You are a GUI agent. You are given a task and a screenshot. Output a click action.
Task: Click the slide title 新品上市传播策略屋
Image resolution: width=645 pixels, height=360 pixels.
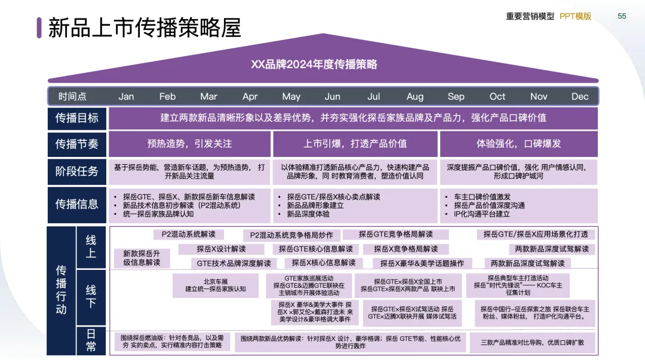pos(145,28)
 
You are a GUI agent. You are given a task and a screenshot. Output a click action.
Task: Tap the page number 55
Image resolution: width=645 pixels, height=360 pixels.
pos(622,16)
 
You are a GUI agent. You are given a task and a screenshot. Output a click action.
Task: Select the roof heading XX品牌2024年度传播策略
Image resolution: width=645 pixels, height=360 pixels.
pos(322,64)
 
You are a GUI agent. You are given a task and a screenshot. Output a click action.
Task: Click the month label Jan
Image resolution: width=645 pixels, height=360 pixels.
pos(126,97)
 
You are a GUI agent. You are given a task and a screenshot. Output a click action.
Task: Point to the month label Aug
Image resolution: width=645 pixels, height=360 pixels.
pos(415,97)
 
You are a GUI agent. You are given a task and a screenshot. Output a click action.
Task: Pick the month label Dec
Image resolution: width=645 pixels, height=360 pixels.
pos(580,97)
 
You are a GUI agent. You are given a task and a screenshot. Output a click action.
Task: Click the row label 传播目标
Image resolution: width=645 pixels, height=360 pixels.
pos(77,118)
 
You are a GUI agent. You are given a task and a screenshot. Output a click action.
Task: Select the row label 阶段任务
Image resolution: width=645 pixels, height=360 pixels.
pos(77,171)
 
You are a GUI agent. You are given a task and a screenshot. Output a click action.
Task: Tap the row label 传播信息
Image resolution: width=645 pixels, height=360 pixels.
pos(77,204)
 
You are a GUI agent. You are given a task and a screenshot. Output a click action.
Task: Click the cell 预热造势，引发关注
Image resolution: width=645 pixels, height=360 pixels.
pos(189,144)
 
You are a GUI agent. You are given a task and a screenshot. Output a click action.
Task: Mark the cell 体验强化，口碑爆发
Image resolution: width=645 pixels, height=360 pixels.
pos(518,144)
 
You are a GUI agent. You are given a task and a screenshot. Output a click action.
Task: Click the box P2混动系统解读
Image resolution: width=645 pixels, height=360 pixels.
pos(185,235)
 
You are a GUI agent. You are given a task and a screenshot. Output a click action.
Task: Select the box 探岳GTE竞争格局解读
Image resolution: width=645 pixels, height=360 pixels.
pos(395,235)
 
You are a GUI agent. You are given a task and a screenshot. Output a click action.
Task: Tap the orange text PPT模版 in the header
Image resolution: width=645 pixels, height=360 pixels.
pos(575,16)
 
